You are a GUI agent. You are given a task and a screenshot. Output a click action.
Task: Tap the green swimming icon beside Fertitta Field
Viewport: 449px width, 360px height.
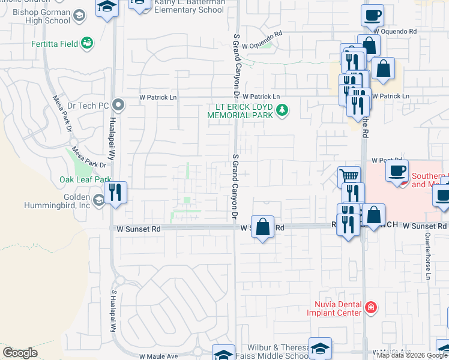coord(88,43)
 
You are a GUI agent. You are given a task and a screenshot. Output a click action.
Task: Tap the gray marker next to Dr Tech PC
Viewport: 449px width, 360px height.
coord(118,106)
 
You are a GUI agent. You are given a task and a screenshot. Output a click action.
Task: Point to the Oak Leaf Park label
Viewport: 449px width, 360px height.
coord(85,179)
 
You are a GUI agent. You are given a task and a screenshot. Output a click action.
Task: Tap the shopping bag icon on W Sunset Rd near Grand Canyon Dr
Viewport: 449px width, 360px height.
coord(262,227)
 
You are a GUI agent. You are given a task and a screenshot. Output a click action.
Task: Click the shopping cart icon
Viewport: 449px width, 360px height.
coord(349,176)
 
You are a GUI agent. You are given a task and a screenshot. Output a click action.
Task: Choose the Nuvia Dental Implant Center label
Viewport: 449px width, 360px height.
coord(334,308)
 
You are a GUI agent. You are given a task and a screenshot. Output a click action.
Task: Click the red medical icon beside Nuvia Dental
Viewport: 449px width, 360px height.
coord(371,308)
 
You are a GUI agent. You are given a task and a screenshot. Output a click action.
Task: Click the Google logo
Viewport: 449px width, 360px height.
coord(20,353)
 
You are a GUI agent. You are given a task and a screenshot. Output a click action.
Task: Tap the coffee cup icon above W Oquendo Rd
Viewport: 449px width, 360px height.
coord(372,14)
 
